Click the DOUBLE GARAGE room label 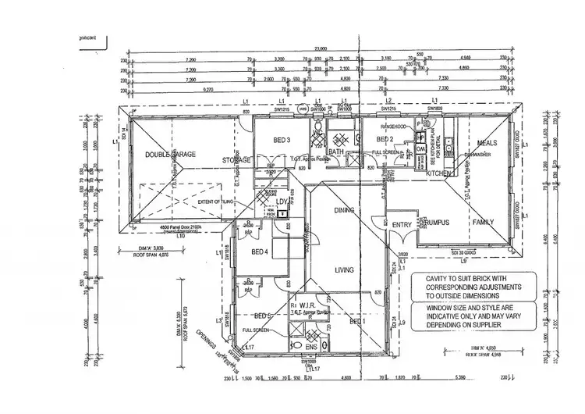pyautogui.click(x=169, y=155)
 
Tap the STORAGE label pyautogui.click(x=236, y=161)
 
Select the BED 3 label pyautogui.click(x=282, y=141)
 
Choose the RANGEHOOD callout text pyautogui.click(x=392, y=126)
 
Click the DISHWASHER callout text pyautogui.click(x=477, y=154)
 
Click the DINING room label pyautogui.click(x=344, y=210)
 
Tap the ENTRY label pyautogui.click(x=402, y=225)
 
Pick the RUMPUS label pyautogui.click(x=438, y=222)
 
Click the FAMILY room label pyautogui.click(x=484, y=222)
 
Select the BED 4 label pyautogui.click(x=261, y=252)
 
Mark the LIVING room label pyautogui.click(x=344, y=270)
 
